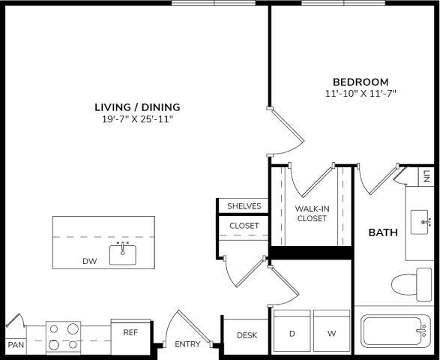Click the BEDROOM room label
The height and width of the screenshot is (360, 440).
[x=361, y=82]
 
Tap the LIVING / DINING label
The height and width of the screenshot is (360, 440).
[x=137, y=106]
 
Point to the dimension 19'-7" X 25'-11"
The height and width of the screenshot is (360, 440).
[x=137, y=119]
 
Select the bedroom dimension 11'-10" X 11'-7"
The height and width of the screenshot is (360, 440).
[x=361, y=94]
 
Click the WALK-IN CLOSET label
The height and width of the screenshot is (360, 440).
[x=310, y=214]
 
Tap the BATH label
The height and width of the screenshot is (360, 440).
[x=382, y=232]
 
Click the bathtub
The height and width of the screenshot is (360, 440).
[x=396, y=331]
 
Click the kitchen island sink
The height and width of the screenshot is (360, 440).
[x=124, y=253]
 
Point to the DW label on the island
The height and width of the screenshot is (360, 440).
[x=90, y=262]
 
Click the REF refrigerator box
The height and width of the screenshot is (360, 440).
[x=130, y=332]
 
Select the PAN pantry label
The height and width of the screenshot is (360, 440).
[x=15, y=346]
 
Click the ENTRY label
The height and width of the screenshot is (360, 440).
[x=187, y=345]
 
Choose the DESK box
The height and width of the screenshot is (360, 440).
[x=247, y=335]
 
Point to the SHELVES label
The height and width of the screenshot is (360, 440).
[x=244, y=206]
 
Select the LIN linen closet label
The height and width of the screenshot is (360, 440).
[x=427, y=177]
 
